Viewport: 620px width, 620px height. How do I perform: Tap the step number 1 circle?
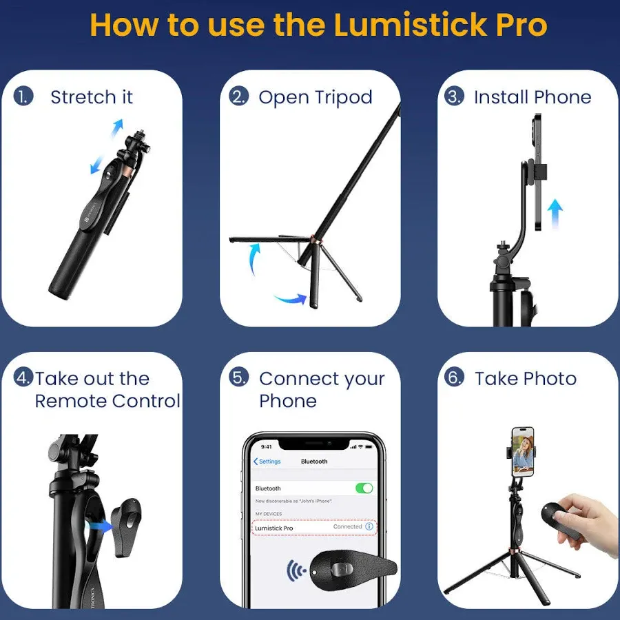pyautogui.click(x=23, y=96)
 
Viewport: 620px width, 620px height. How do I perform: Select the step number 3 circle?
pyautogui.click(x=454, y=96)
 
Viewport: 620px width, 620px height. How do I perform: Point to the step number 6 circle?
pyautogui.click(x=454, y=378)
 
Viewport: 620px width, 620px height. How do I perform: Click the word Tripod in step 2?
pyautogui.click(x=344, y=97)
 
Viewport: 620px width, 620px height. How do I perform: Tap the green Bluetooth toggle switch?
pyautogui.click(x=364, y=488)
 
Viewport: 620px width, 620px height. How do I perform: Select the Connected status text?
pyautogui.click(x=347, y=527)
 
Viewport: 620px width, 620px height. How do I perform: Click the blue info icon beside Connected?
pyautogui.click(x=369, y=527)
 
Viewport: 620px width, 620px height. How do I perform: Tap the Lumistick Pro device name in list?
pyautogui.click(x=274, y=528)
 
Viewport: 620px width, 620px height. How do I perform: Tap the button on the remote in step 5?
pyautogui.click(x=339, y=570)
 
